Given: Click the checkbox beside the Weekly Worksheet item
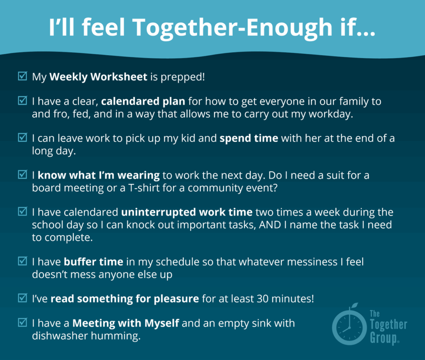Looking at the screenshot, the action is click(x=22, y=76).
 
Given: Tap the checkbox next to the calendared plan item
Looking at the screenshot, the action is click(x=22, y=100).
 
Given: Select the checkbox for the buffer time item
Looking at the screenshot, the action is click(x=22, y=261).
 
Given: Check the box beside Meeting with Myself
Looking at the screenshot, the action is click(x=22, y=322).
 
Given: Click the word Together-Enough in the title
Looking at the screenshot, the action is click(x=233, y=28).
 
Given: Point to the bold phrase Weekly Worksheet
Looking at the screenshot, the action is click(x=98, y=77).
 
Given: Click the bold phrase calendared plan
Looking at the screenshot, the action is click(x=143, y=101).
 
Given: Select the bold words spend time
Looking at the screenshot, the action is click(x=249, y=139).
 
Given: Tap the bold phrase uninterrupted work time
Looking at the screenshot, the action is click(x=187, y=212).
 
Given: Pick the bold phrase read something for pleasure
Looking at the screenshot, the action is click(x=125, y=299).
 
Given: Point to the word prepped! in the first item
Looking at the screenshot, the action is click(x=183, y=77).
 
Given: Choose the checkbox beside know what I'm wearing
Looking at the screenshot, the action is click(x=22, y=175).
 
